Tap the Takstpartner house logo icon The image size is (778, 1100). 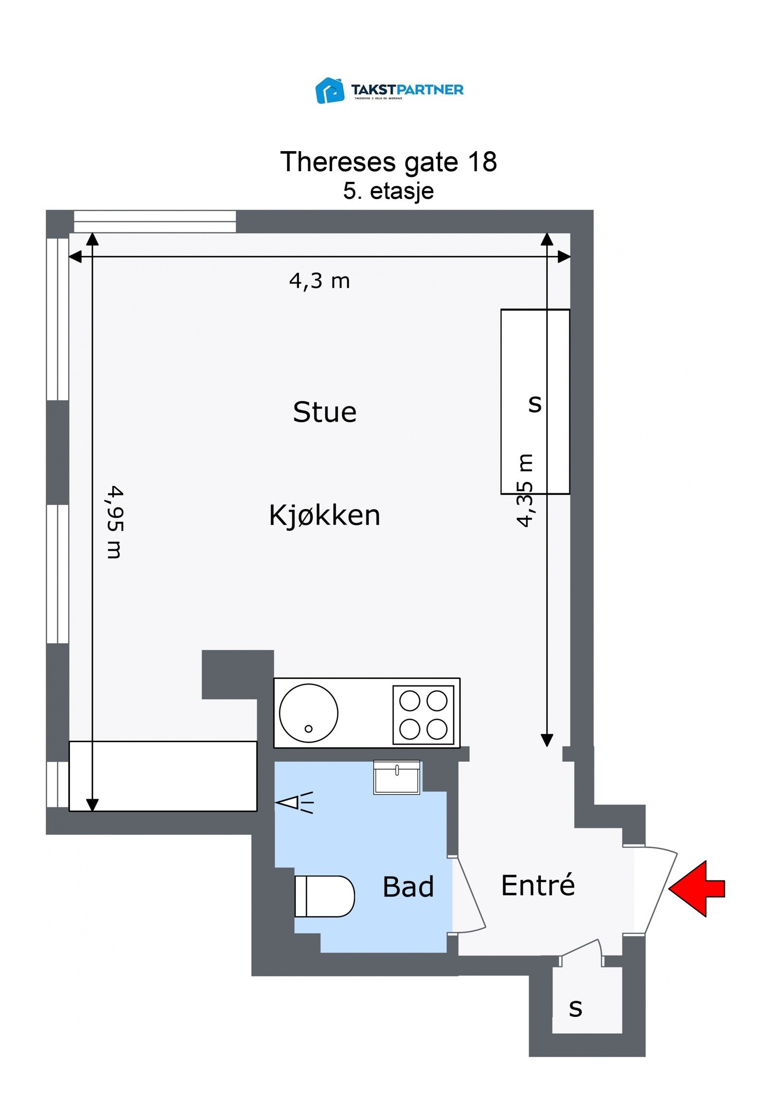330,90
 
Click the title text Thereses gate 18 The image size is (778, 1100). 388,161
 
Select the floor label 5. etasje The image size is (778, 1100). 388,191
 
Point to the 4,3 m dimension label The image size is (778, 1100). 319,281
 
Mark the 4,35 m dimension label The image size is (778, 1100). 525,490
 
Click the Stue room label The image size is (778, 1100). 324,412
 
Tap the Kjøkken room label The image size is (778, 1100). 324,515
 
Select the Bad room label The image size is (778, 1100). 408,887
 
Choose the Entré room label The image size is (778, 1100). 538,885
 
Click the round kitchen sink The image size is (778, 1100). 308,713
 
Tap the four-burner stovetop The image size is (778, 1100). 423,715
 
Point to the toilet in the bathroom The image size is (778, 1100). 324,896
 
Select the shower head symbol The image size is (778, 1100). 295,803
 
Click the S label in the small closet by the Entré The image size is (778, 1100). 575,1009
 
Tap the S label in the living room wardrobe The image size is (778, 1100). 535,403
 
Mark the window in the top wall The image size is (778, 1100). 155,221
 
